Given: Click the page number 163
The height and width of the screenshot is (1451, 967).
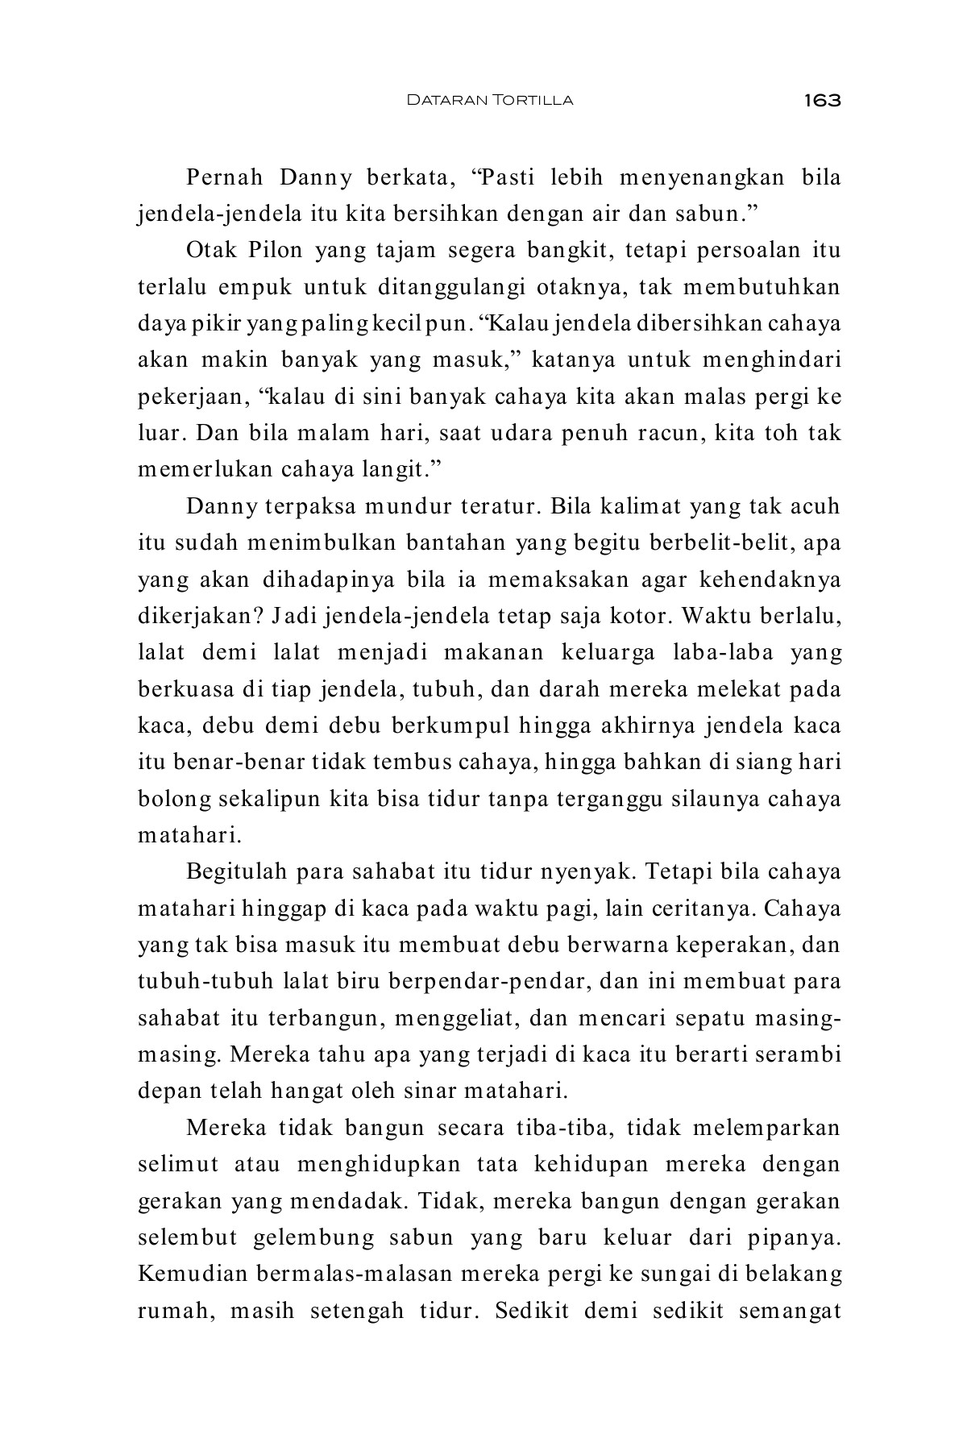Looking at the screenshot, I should pyautogui.click(x=821, y=100).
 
